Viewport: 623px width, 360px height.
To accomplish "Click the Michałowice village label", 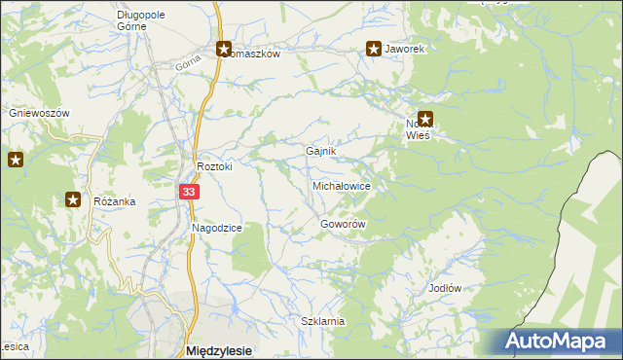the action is tap(340, 184).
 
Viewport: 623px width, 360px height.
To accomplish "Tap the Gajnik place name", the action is tap(320, 152).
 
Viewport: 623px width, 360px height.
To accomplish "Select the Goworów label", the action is tap(343, 224).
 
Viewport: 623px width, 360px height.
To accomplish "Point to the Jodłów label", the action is tap(444, 289).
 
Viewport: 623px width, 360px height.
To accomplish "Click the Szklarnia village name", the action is tap(323, 321).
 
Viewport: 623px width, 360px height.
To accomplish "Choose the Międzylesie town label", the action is tap(219, 350).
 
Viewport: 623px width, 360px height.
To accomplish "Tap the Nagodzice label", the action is tap(216, 228).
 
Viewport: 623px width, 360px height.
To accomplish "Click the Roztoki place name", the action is tap(214, 166).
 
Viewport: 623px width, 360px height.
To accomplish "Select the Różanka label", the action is tap(114, 201).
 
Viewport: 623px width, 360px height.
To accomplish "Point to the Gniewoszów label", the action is tap(40, 113).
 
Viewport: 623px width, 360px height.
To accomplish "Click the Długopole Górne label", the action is tap(145, 20).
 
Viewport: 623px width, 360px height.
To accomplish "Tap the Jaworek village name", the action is tap(405, 48).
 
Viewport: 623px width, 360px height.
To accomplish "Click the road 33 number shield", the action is tap(190, 194).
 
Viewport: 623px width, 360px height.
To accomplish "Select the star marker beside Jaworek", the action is tap(373, 48).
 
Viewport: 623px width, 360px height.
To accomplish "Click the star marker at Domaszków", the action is tap(223, 48).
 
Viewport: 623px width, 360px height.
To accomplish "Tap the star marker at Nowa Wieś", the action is tap(424, 119).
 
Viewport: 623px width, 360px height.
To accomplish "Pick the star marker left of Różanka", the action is tap(73, 200).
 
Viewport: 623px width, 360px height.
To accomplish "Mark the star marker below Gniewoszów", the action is tap(16, 160).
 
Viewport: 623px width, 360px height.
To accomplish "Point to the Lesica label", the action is tap(14, 346).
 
